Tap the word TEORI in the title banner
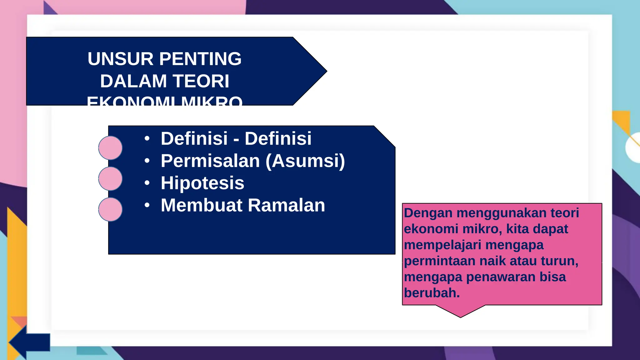click(201, 81)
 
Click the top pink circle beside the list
click(110, 148)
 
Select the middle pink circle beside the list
click(110, 179)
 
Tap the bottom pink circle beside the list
click(110, 209)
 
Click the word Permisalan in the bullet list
click(210, 161)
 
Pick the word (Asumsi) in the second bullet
click(305, 161)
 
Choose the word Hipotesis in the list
click(202, 183)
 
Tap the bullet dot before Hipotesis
click(147, 183)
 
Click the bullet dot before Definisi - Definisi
click(147, 138)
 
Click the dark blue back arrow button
click(30, 342)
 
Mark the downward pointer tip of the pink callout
click(461, 317)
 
